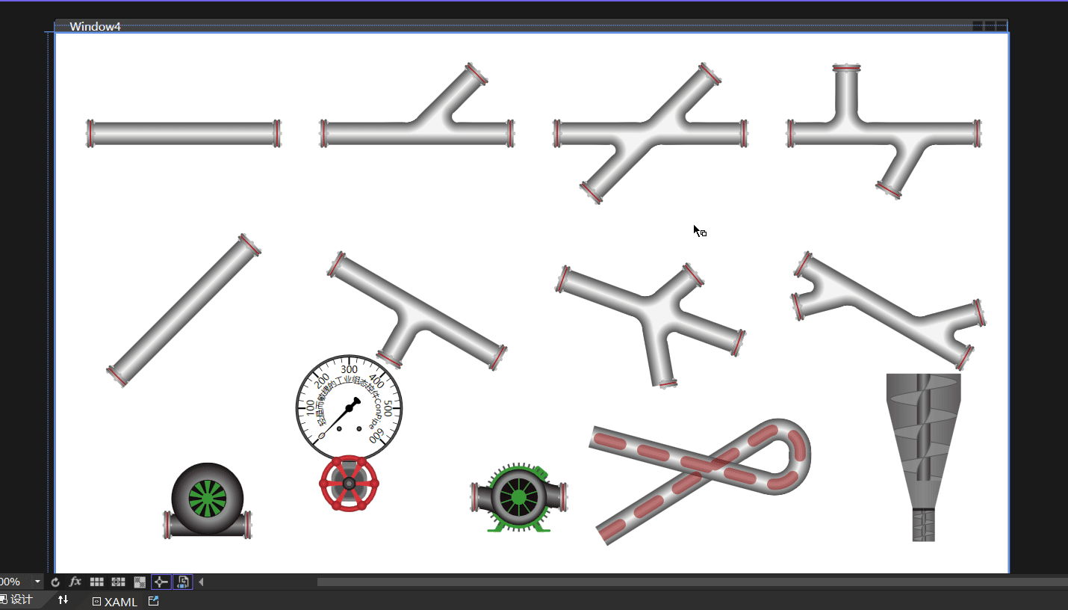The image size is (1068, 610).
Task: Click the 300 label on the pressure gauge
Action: (x=349, y=369)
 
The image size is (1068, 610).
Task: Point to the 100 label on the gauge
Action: (x=311, y=408)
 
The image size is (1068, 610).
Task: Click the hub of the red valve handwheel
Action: (x=349, y=484)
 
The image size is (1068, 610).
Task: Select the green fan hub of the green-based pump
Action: (x=515, y=496)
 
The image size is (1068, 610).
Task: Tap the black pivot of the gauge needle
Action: (x=349, y=408)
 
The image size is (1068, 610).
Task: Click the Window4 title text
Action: (x=95, y=27)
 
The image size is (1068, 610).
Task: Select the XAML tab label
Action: (x=120, y=602)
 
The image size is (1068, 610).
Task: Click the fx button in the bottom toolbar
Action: (x=75, y=582)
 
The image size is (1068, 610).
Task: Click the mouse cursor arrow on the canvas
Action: (x=696, y=229)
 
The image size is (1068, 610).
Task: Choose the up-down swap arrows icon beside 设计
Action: (x=63, y=600)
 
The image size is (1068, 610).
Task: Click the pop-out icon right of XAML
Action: (x=154, y=601)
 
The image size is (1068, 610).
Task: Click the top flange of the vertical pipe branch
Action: (x=846, y=69)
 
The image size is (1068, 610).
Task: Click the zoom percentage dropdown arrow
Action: (x=37, y=582)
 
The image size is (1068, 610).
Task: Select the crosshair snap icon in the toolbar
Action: (x=161, y=582)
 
